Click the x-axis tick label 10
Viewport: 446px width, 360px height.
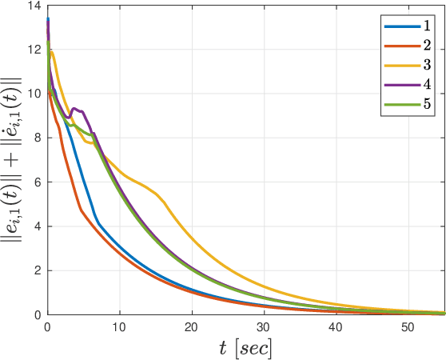coord(119,327)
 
